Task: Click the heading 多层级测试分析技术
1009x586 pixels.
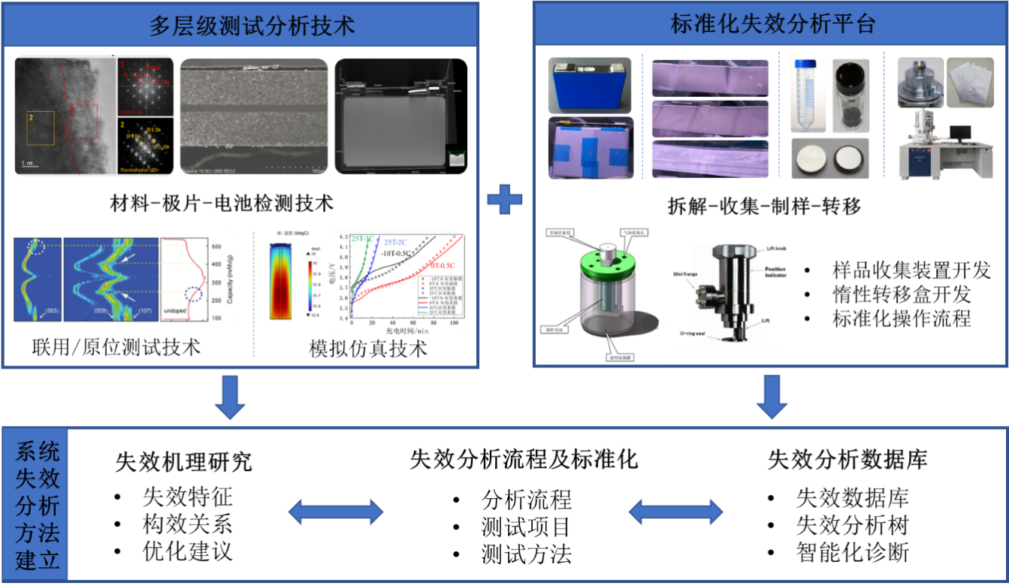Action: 252,26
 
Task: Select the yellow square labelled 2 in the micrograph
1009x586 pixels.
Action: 41,128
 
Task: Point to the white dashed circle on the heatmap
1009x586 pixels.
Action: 35,246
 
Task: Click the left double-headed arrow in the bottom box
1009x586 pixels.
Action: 336,513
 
